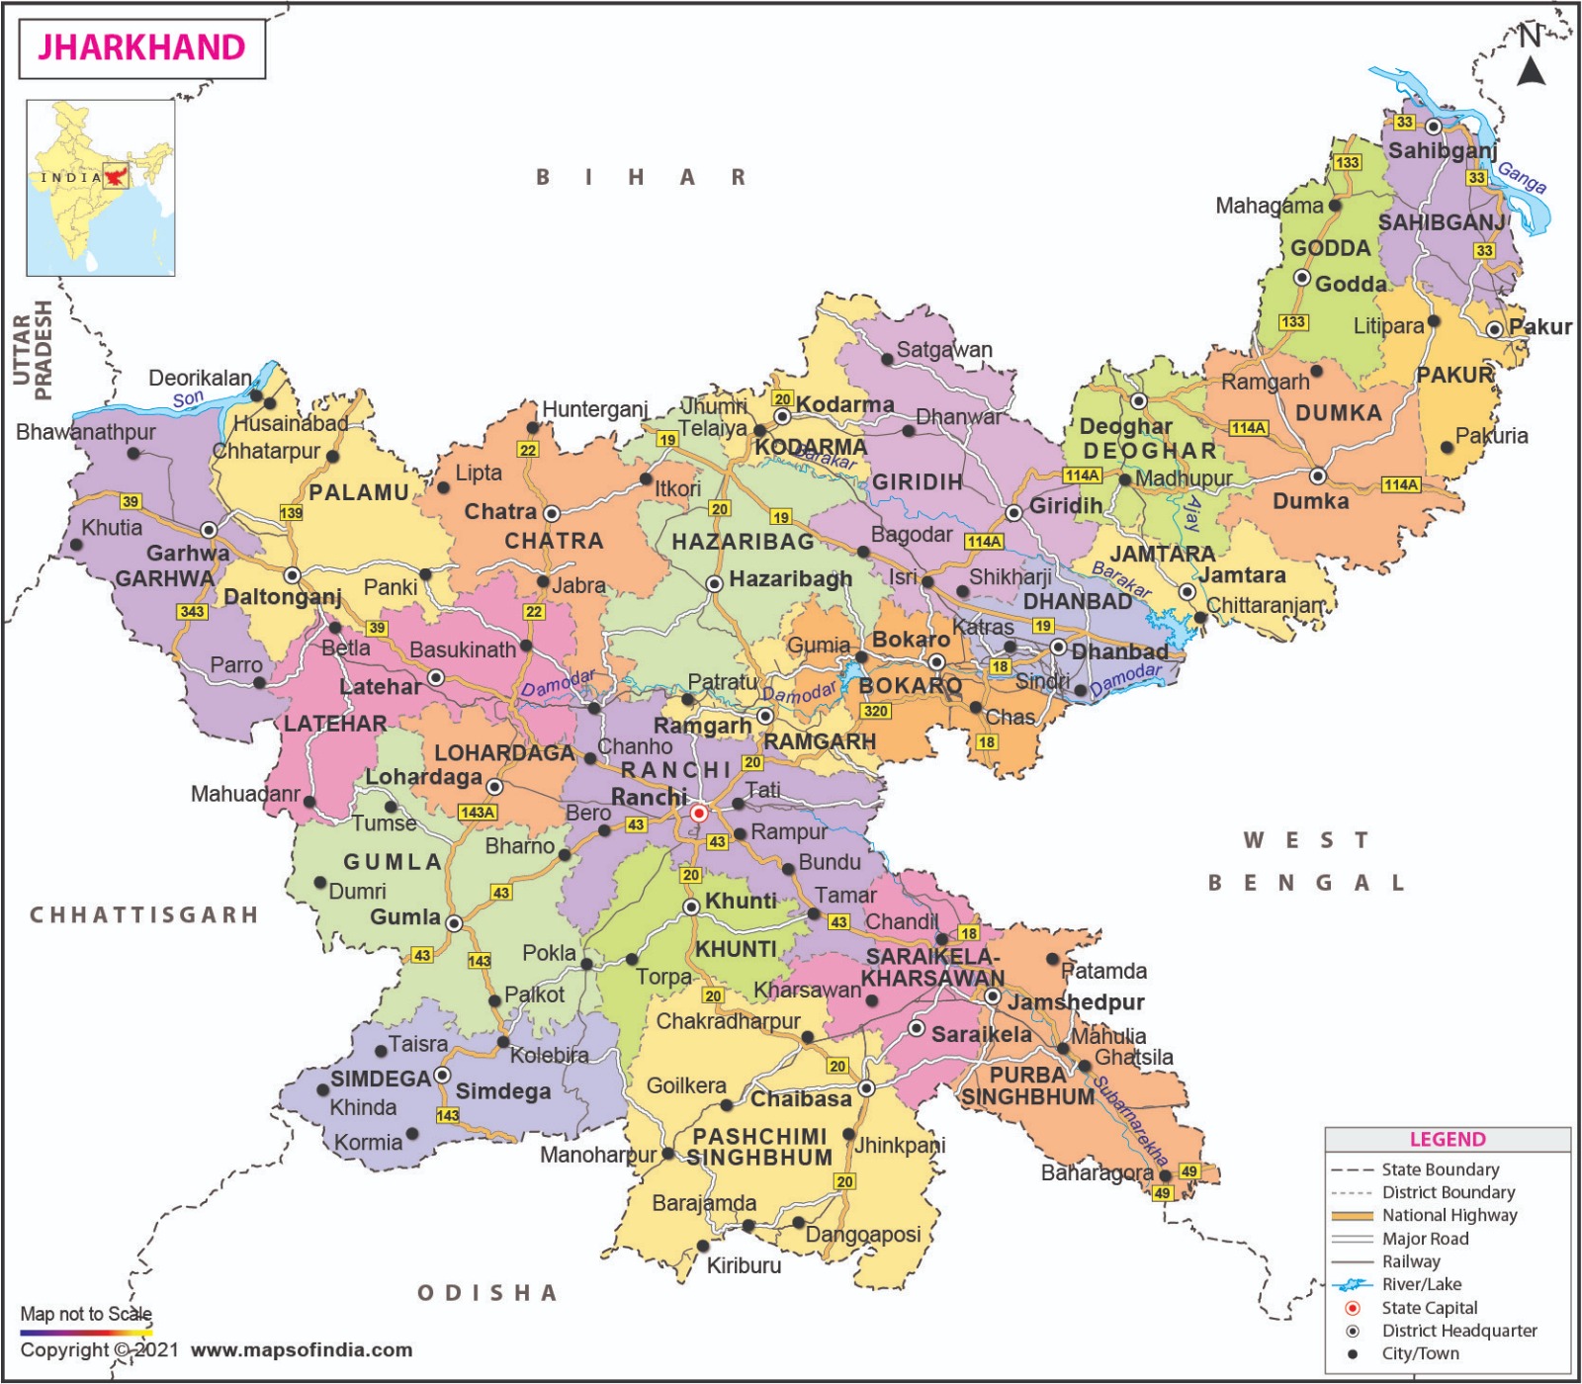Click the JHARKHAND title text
coord(141,47)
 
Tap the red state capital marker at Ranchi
coord(699,813)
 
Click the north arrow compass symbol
coord(1532,59)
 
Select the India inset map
coord(101,187)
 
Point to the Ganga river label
coord(1522,177)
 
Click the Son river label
coord(188,398)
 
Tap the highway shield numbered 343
coord(192,611)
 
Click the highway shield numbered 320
coord(876,711)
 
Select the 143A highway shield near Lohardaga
coord(478,812)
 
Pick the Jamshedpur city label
coord(1076,1001)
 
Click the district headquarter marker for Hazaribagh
coord(714,584)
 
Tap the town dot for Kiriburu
coord(703,1246)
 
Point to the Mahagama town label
coord(1269,206)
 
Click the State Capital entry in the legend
coord(1429,1307)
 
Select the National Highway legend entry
coord(1449,1215)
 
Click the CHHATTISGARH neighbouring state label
coord(144,914)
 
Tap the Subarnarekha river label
coord(1130,1119)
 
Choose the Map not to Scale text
coord(86,1314)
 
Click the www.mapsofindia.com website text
coord(302,1350)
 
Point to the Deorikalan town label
coord(200,378)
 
